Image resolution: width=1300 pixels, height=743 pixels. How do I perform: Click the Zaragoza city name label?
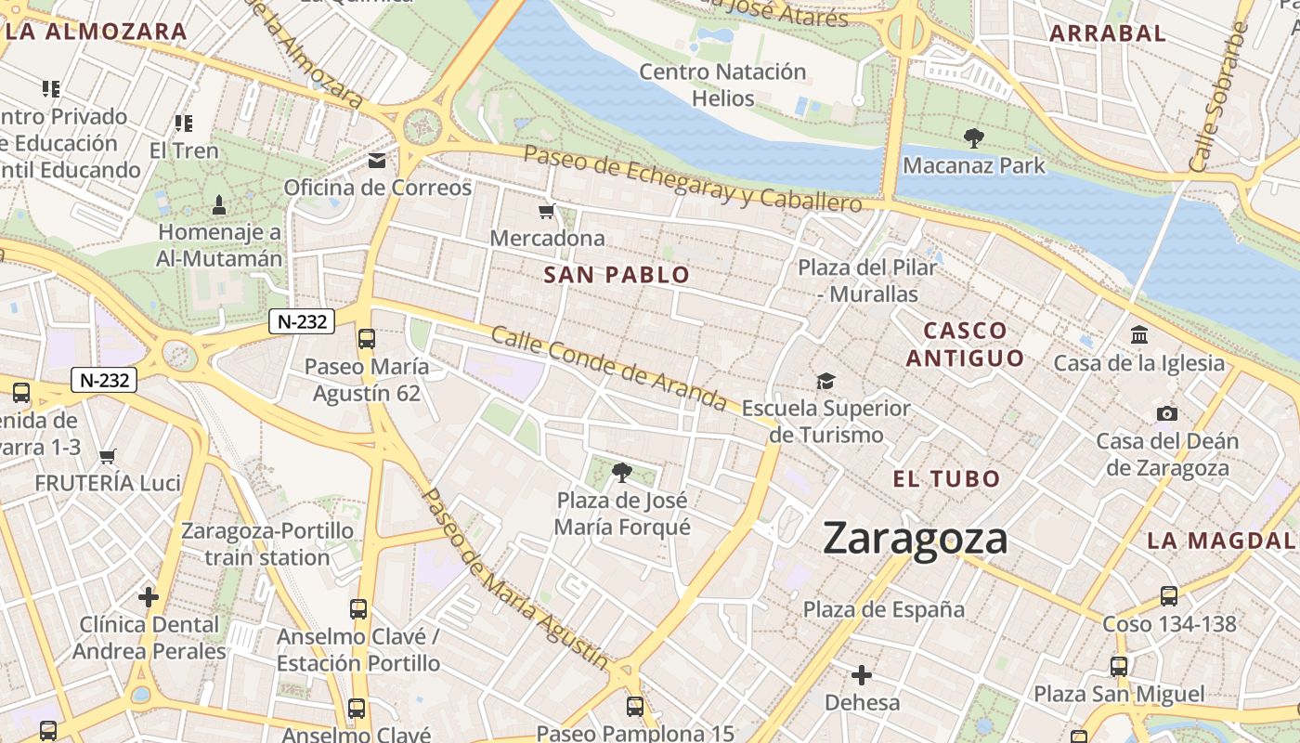point(915,539)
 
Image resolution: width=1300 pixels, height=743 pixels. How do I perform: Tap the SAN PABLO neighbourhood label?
point(617,275)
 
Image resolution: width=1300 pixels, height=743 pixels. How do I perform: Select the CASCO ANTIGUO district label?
point(966,344)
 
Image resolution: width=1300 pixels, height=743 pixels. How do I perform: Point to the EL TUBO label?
point(946,479)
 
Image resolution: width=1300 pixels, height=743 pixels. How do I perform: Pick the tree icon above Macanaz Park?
point(973,139)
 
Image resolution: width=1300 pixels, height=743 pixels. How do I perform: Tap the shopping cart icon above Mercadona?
point(547,212)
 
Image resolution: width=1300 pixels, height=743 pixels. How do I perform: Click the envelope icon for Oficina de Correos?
point(377,161)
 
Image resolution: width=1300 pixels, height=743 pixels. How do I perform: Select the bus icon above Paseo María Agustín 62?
point(367,339)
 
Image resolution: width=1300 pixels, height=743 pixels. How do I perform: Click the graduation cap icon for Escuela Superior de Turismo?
point(825,381)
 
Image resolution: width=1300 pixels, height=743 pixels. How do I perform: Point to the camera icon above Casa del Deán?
point(1167,413)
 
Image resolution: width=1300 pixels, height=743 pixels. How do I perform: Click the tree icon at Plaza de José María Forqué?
point(622,474)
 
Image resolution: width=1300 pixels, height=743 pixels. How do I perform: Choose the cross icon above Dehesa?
point(862,674)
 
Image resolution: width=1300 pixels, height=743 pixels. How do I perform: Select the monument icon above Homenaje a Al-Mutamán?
point(219,204)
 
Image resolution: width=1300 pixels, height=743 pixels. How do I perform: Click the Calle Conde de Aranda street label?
point(608,368)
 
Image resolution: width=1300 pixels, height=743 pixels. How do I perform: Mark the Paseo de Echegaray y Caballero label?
point(693,178)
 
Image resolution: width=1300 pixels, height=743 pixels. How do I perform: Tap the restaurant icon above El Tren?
point(184,123)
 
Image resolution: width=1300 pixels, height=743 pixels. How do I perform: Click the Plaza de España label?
point(884,610)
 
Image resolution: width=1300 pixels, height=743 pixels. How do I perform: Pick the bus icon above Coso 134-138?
point(1169,596)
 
